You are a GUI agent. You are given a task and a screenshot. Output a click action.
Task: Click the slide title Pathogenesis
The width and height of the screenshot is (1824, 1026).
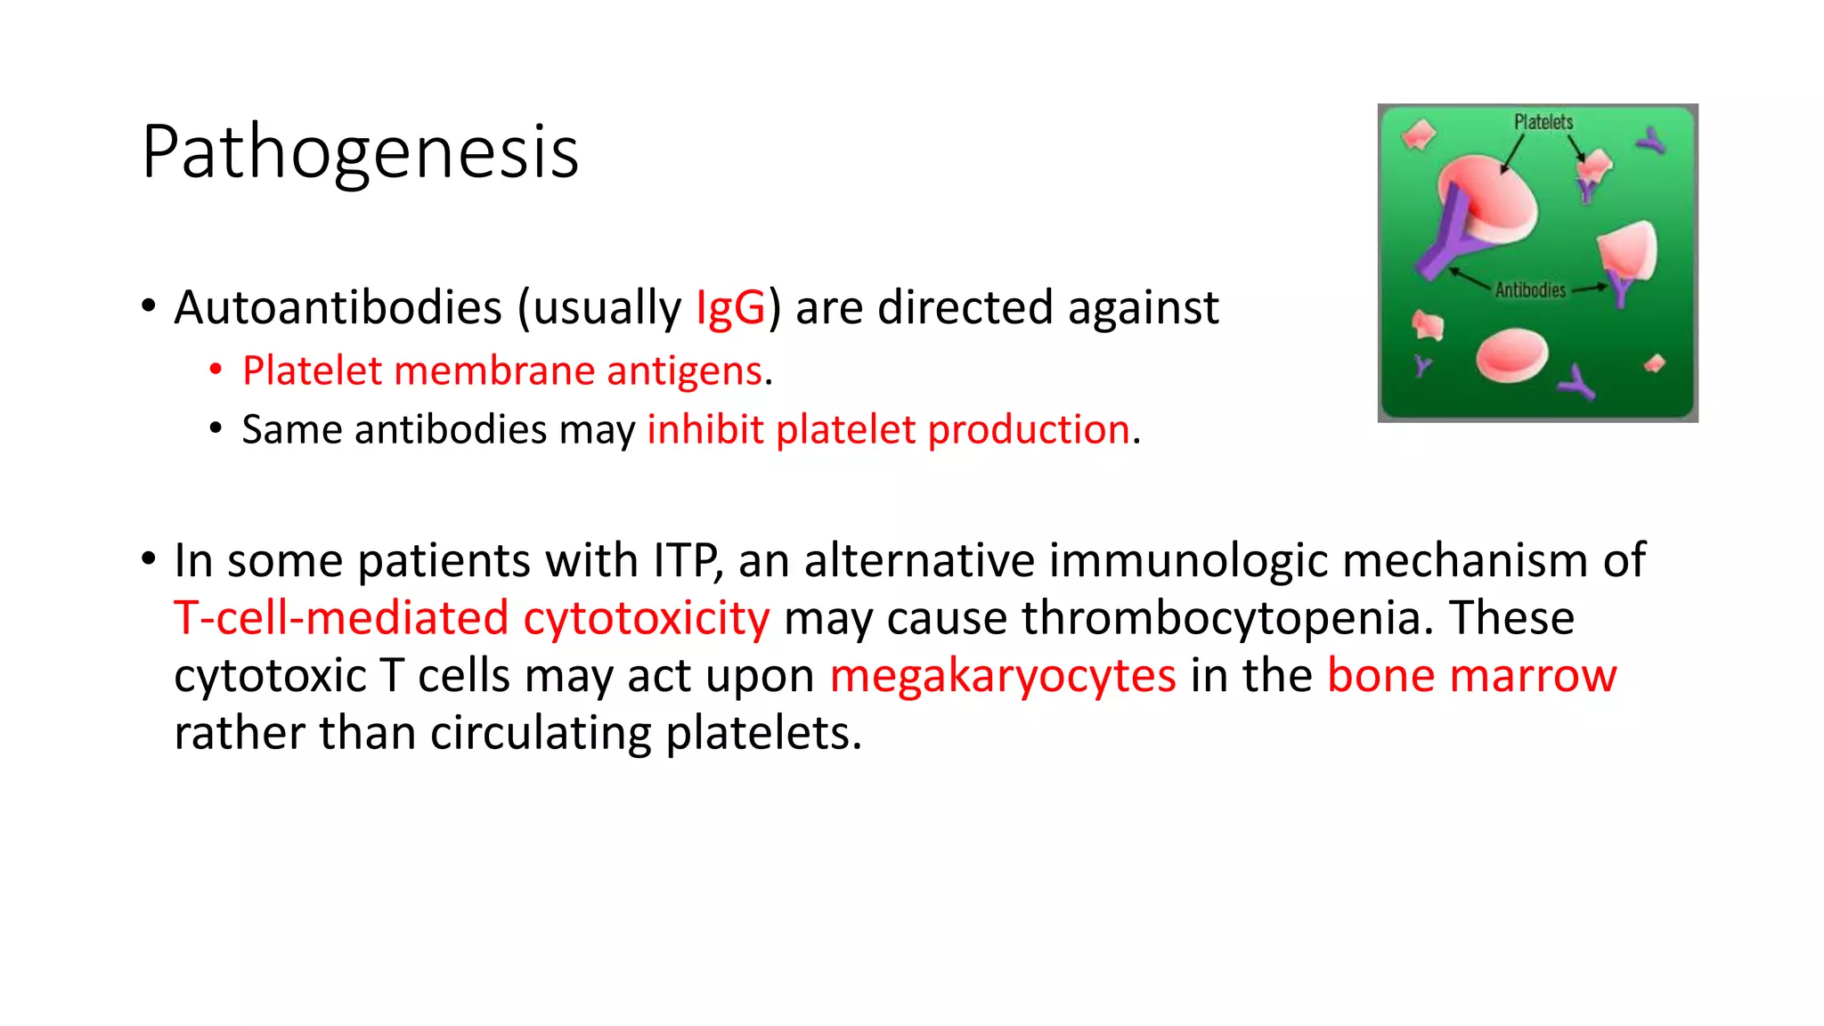pos(360,152)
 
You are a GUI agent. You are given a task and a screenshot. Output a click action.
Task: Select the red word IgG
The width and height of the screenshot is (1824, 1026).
pos(729,308)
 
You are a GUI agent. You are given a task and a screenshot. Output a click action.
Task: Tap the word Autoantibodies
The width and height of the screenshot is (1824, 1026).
pos(338,308)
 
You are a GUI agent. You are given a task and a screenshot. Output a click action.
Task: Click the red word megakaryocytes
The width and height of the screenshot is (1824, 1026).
pos(1002,676)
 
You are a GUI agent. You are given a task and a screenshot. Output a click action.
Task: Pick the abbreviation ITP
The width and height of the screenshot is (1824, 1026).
pos(687,561)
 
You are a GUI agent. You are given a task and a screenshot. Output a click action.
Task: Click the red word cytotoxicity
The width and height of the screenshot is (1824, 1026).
pos(646,618)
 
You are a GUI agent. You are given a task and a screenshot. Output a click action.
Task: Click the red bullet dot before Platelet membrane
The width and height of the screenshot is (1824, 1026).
pos(216,370)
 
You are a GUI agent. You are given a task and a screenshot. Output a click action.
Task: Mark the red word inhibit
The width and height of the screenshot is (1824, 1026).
pos(704,429)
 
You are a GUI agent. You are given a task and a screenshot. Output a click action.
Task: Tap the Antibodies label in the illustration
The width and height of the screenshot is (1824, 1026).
pos(1530,289)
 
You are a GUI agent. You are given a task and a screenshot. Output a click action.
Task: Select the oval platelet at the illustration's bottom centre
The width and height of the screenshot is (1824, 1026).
pos(1511,355)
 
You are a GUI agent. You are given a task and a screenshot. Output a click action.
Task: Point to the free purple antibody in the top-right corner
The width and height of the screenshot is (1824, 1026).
pos(1651,141)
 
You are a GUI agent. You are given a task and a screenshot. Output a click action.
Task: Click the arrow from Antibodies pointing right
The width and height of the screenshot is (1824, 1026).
pos(1590,289)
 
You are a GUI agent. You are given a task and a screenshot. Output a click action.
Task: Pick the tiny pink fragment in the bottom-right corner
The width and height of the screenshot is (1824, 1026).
pos(1655,363)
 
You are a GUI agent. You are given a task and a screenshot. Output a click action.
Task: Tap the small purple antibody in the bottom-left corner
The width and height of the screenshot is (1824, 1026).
pos(1422,365)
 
